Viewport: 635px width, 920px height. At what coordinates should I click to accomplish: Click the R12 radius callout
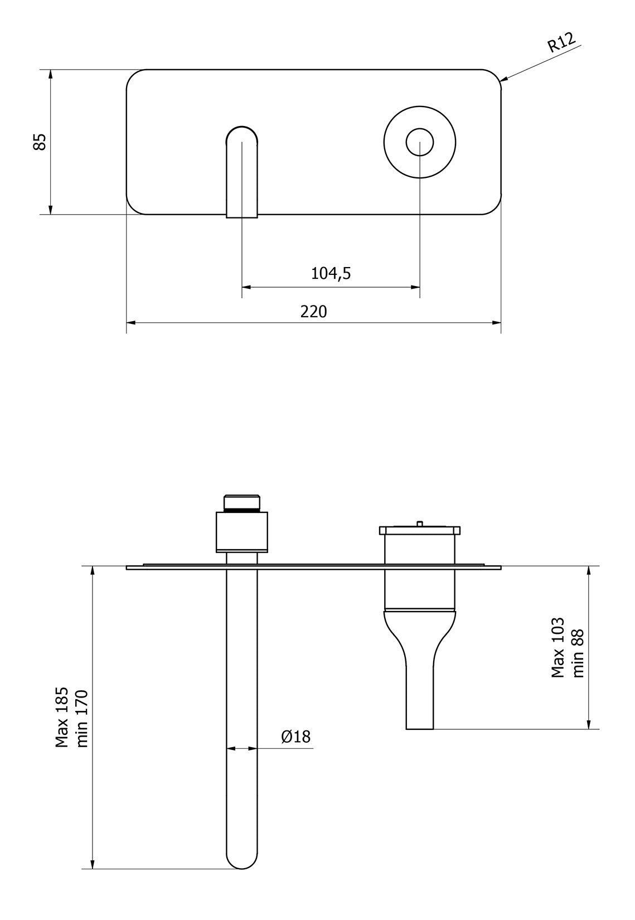[x=561, y=42]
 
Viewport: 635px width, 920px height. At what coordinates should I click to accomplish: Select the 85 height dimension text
[x=40, y=142]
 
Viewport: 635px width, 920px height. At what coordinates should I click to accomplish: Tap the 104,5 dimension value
[x=331, y=273]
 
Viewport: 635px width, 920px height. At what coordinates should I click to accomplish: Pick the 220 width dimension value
[x=314, y=311]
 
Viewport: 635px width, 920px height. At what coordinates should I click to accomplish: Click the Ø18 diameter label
[x=295, y=737]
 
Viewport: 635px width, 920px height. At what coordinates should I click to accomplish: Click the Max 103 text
[x=558, y=647]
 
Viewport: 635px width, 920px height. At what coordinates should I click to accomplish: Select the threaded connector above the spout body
[x=241, y=502]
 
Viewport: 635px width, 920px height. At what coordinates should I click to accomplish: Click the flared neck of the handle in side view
[x=420, y=633]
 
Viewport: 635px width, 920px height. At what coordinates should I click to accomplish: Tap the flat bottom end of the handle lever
[x=420, y=728]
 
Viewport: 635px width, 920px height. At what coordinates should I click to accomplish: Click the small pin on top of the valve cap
[x=419, y=523]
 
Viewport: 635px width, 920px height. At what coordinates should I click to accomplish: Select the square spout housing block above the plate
[x=241, y=532]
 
